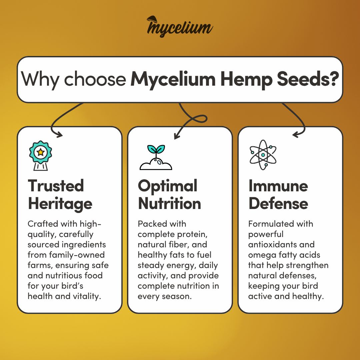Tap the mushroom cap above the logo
[x=152, y=19]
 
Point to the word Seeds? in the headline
[x=308, y=79]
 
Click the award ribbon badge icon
[x=40, y=155]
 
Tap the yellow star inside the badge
[x=41, y=152]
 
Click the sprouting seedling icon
[x=156, y=157]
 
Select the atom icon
[x=263, y=155]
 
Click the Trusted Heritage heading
[x=60, y=195]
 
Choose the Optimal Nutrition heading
[x=169, y=195]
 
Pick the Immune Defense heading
[x=278, y=195]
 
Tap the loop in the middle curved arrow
[x=200, y=119]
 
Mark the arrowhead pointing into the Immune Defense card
[x=296, y=135]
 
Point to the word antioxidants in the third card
[x=272, y=245]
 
